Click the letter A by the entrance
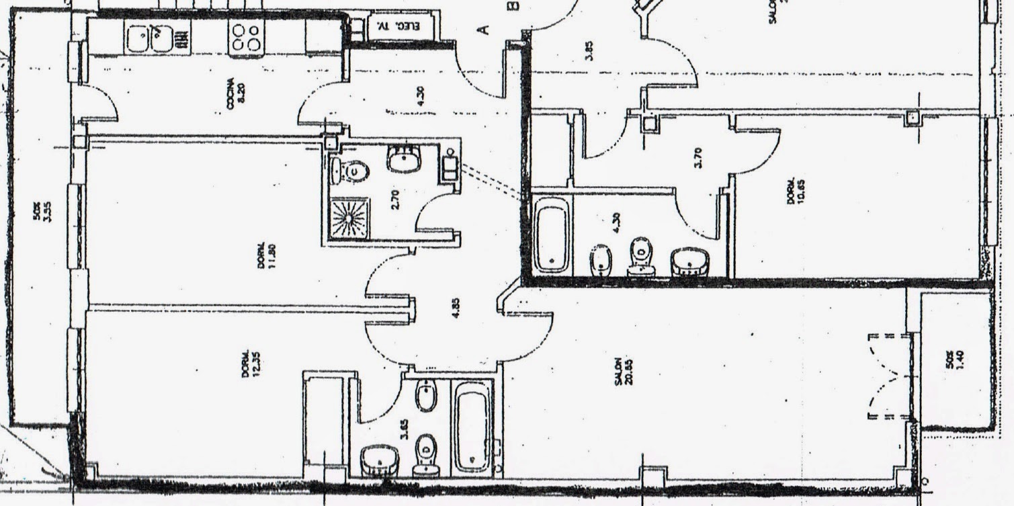[482, 29]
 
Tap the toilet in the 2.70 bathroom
[350, 171]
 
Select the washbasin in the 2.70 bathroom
[404, 159]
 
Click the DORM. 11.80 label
[266, 255]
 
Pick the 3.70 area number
[699, 157]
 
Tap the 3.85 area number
[589, 52]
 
